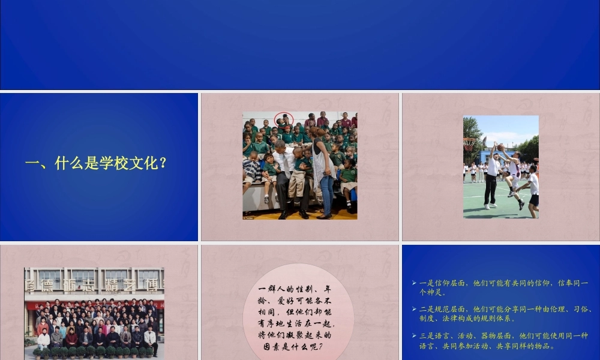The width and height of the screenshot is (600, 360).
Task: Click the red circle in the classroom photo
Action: [x=284, y=119]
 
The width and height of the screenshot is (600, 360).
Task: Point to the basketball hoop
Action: [x=469, y=143]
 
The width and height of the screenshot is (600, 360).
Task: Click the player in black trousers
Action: [x=491, y=180]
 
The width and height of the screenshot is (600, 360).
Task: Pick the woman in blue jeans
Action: [x=325, y=174]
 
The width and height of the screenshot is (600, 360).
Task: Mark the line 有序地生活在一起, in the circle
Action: [x=297, y=324]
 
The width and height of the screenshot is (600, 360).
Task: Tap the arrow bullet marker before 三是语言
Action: [x=414, y=336]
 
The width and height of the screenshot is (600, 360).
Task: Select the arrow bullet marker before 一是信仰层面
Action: [x=414, y=283]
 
